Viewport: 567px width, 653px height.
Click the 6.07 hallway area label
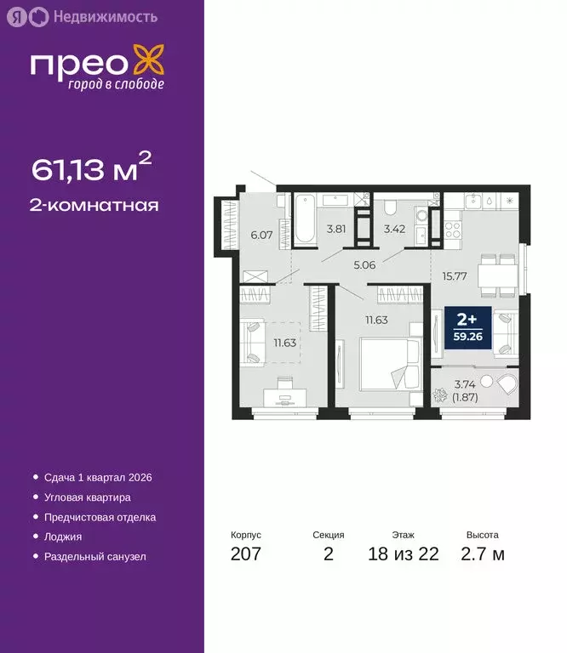click(x=261, y=235)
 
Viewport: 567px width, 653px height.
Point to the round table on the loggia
click(x=488, y=381)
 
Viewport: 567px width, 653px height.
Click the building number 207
click(x=246, y=554)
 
